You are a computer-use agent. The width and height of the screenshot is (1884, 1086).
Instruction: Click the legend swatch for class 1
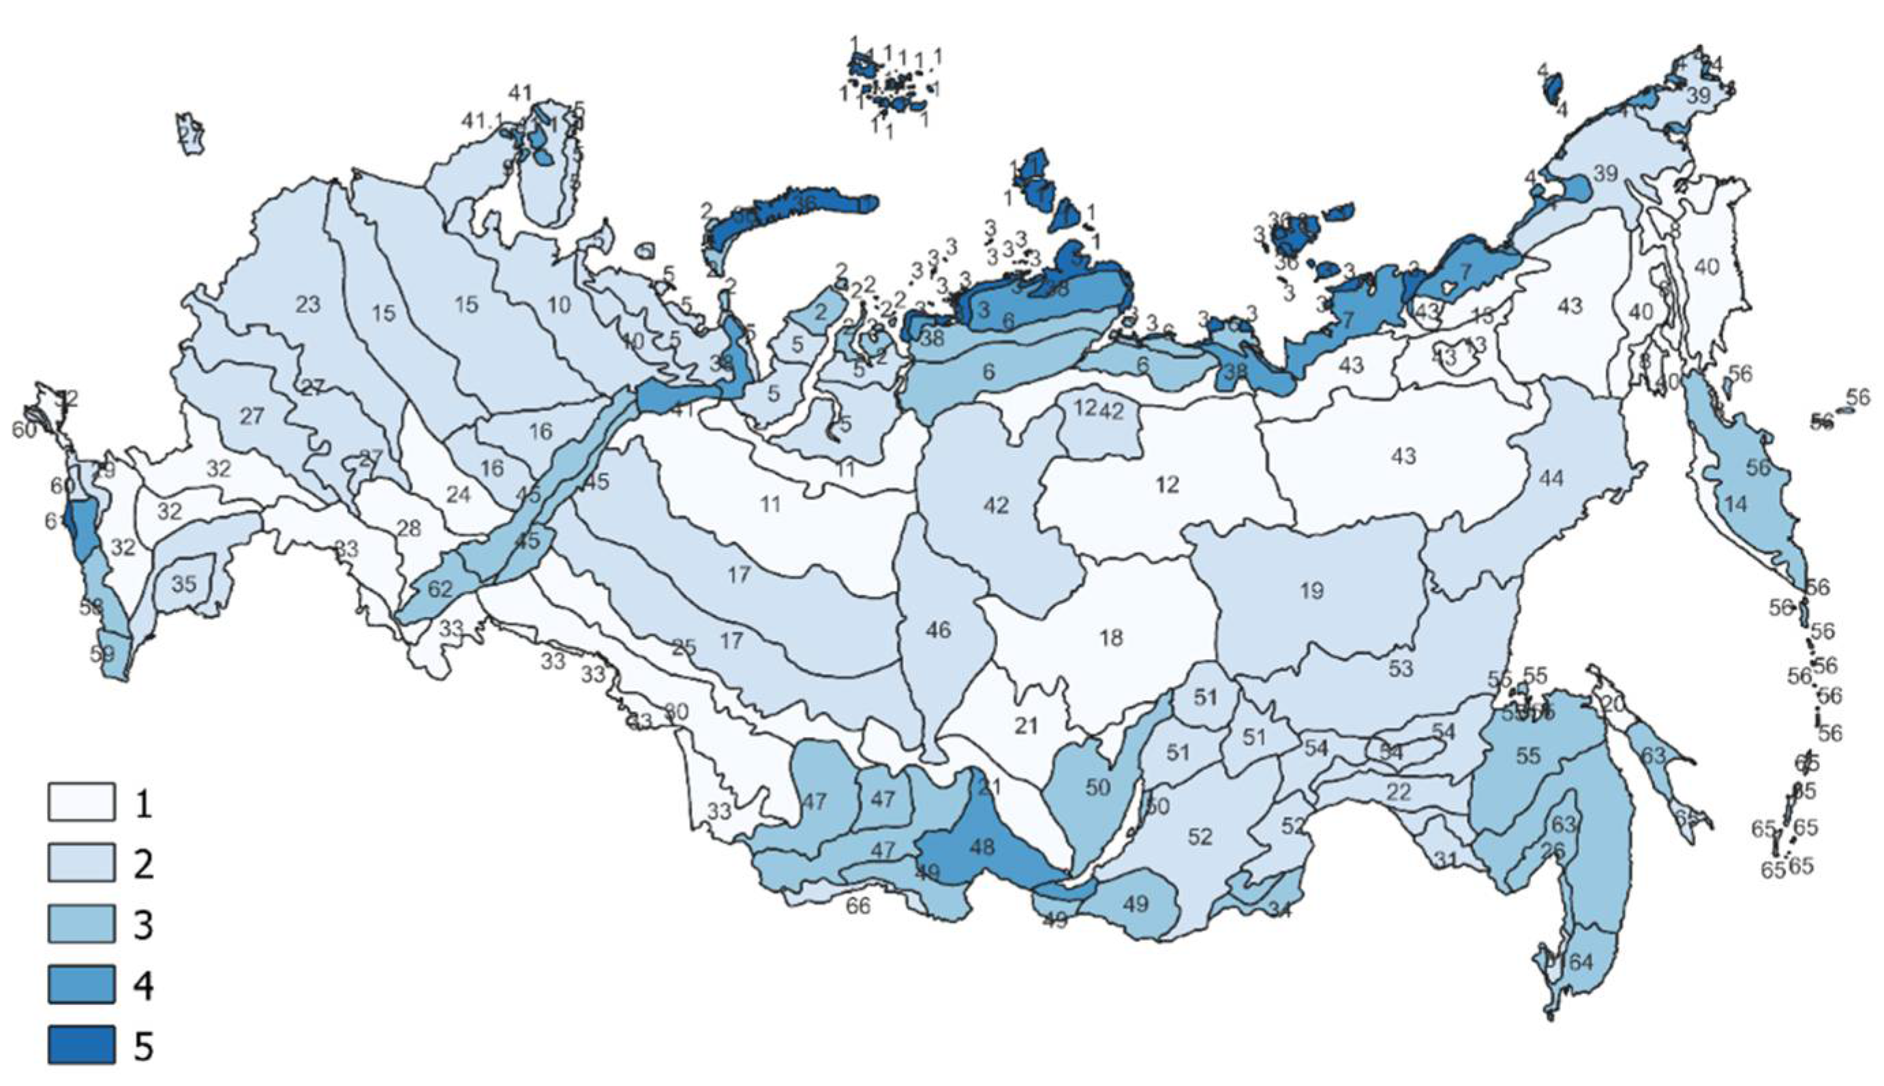point(81,802)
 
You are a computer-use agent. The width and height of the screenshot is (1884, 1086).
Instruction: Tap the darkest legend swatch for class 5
point(81,1045)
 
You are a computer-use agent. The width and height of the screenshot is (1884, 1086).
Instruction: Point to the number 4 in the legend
point(142,985)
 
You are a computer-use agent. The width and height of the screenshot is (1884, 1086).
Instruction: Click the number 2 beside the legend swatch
point(142,864)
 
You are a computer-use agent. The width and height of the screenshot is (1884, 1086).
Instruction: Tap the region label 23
point(307,304)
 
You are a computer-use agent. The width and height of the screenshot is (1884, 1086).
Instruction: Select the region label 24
point(458,494)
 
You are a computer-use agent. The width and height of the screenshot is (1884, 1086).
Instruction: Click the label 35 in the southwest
point(183,584)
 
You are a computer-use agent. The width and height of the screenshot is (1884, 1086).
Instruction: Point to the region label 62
point(440,589)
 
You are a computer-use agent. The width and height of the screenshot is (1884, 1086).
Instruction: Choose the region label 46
point(938,631)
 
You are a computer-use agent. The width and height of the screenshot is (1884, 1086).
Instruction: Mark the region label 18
point(1111,637)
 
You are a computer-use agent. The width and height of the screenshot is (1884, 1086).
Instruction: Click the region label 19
point(1311,591)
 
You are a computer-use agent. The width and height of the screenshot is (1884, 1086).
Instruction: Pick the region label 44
point(1551,478)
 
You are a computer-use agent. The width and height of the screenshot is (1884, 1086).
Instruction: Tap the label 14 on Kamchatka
point(1735,504)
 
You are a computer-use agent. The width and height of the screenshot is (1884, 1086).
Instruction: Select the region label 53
point(1401,668)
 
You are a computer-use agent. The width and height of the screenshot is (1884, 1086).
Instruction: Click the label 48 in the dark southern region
point(982,847)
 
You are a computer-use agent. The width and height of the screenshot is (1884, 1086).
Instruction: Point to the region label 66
point(858,906)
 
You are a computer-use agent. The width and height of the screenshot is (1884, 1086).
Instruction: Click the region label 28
point(408,529)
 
